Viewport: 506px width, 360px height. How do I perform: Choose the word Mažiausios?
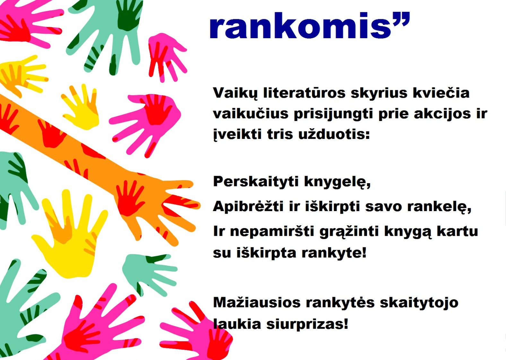coord(257,302)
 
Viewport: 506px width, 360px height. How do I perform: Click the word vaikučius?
coord(251,113)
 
